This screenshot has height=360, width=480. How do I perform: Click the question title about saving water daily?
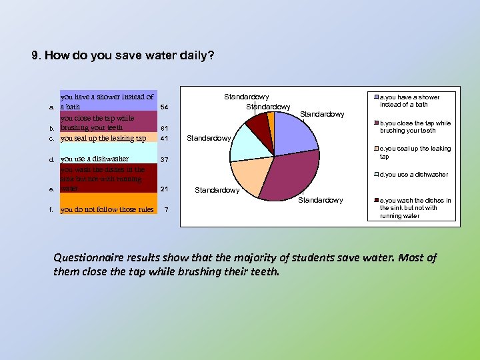click(x=123, y=55)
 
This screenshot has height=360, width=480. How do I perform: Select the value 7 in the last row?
click(x=167, y=210)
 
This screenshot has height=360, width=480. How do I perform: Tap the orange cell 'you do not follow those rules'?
click(x=107, y=209)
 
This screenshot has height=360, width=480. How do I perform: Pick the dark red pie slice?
click(x=258, y=123)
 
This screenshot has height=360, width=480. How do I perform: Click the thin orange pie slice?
click(x=271, y=119)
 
